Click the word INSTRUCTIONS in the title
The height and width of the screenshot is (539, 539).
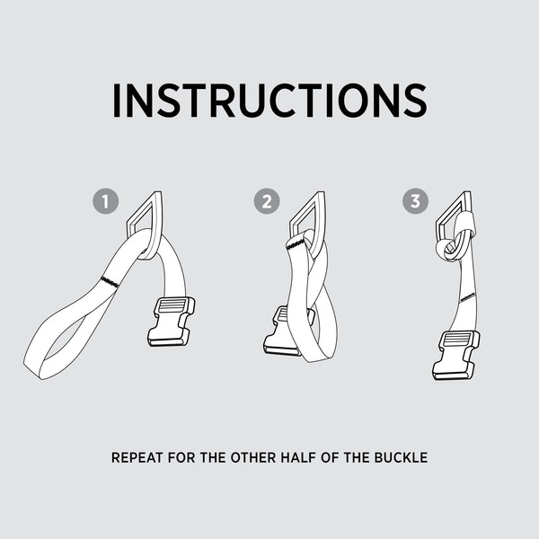pos(269,101)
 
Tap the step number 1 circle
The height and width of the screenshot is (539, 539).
pos(105,201)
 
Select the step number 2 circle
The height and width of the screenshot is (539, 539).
pos(267,201)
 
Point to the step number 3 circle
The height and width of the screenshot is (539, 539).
pos(415,201)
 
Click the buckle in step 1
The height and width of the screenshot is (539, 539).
pos(172,322)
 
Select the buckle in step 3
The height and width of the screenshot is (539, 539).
pos(455,356)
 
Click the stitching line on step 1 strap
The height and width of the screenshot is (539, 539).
pos(110,281)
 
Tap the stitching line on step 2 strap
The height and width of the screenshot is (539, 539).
pos(296,244)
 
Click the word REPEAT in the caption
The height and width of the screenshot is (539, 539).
pos(137,457)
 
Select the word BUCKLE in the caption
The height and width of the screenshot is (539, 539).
pos(401,457)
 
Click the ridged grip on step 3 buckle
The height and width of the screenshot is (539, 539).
pos(457,340)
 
